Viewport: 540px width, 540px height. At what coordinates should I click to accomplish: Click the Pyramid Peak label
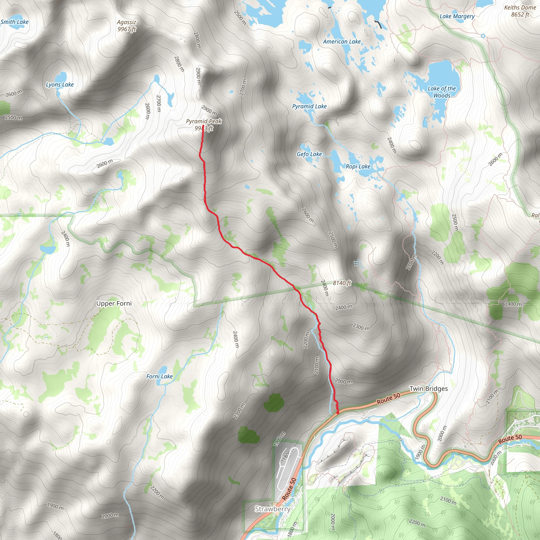click(204, 122)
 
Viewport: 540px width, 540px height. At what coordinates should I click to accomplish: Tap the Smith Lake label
click(15, 22)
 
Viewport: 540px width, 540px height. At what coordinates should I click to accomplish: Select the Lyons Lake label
click(60, 85)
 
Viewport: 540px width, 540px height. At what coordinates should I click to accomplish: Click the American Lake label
click(342, 42)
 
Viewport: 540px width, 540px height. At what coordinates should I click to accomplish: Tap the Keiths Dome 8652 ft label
click(520, 11)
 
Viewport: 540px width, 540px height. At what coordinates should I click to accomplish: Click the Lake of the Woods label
click(442, 92)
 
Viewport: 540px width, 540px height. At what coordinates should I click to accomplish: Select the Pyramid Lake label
click(309, 107)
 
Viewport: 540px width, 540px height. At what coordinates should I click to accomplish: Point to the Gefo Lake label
click(309, 154)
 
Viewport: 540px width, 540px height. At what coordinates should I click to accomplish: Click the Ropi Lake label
click(358, 167)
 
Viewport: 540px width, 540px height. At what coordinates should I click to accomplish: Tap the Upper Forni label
click(114, 303)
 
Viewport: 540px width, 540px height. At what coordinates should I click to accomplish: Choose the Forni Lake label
click(159, 377)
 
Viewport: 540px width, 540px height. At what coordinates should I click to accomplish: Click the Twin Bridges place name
click(428, 389)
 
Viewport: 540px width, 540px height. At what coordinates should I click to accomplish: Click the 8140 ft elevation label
click(341, 283)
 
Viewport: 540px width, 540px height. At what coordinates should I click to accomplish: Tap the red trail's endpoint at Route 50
click(338, 412)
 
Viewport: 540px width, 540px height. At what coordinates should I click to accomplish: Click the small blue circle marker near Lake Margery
click(483, 36)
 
